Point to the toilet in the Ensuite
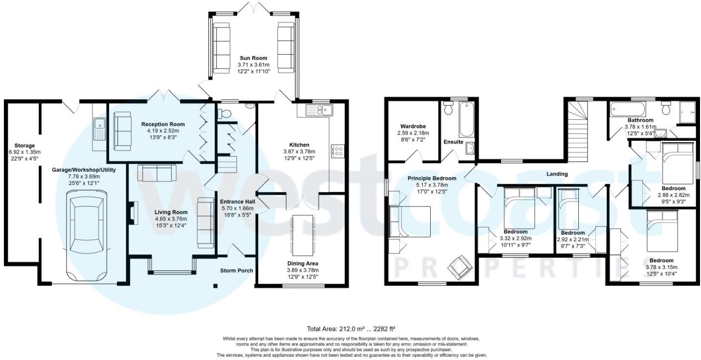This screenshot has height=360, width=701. click(448, 110)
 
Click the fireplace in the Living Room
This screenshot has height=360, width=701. click(132, 214)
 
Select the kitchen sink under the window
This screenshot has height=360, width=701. click(318, 110)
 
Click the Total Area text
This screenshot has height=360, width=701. click(347, 329)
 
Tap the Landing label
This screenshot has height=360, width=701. click(557, 174)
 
